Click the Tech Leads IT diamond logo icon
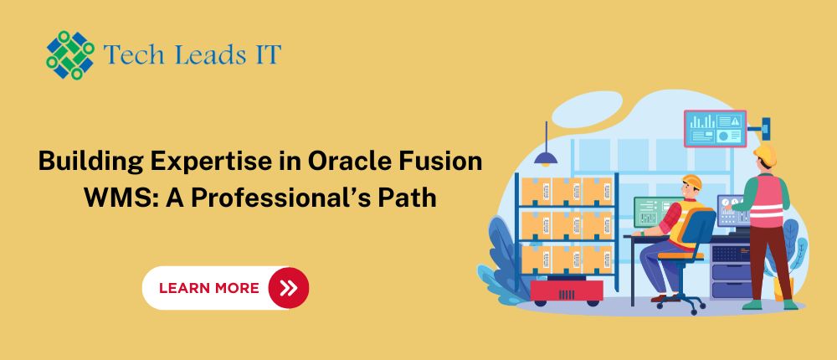(x=70, y=55)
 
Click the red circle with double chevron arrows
(x=288, y=289)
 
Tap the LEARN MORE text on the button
(x=208, y=289)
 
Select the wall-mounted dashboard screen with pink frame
(x=716, y=128)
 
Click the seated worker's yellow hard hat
(x=692, y=182)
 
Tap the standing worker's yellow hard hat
(x=766, y=155)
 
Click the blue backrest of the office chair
(x=698, y=228)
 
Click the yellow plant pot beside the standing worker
(x=783, y=287)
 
